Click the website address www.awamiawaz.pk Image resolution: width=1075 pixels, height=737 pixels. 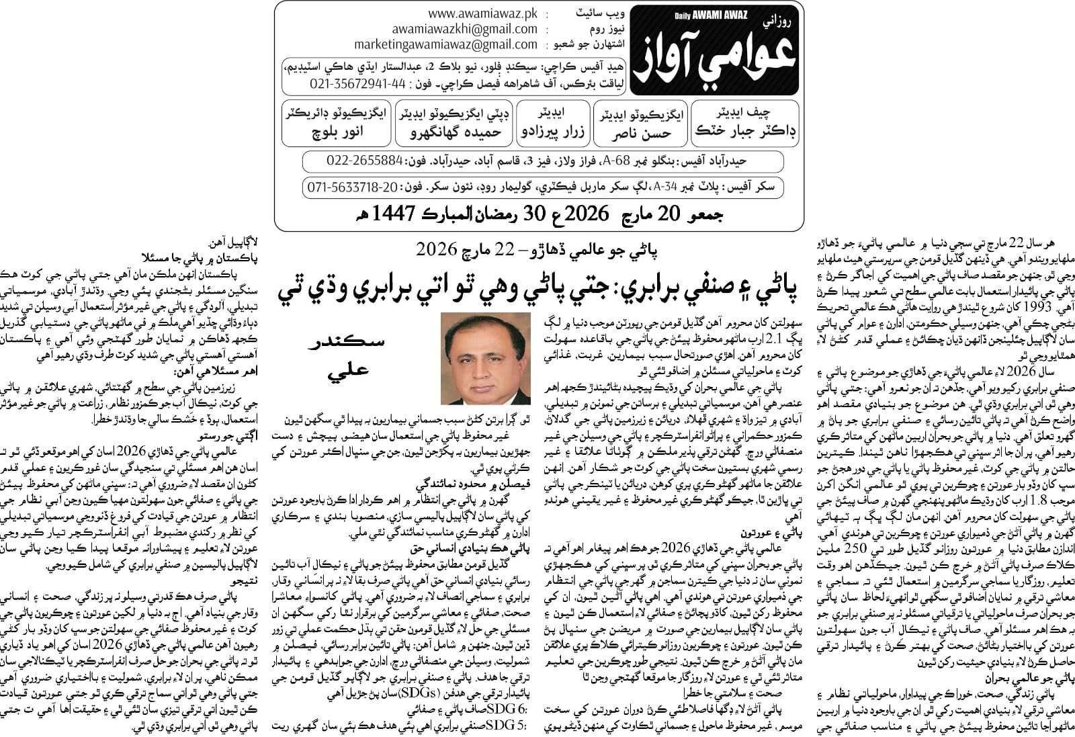point(482,13)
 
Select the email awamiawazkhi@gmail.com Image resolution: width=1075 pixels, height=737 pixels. point(465,29)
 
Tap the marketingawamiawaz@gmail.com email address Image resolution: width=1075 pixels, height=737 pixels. point(446,44)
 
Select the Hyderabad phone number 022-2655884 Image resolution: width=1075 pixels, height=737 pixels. point(365,161)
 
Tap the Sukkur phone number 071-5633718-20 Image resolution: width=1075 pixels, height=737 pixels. point(353,187)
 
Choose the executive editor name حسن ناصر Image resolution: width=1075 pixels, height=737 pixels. point(640,134)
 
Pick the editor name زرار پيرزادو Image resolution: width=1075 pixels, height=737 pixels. point(554,132)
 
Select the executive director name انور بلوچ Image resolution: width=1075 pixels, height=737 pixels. point(337,132)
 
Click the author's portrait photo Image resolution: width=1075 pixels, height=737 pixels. point(485,358)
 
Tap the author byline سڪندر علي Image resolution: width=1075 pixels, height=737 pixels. point(345,355)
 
